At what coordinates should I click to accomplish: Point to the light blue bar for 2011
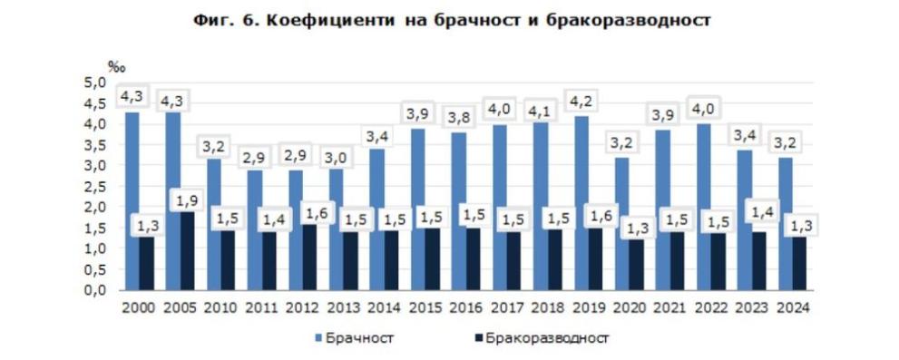pos(255,229)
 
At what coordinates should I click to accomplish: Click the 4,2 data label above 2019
pos(581,98)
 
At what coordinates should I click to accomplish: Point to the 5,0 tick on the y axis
pos(94,83)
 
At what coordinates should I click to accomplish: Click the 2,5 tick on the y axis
pos(94,186)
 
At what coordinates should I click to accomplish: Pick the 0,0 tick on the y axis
pos(94,289)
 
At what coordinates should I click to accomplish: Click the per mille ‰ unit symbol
pos(116,66)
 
